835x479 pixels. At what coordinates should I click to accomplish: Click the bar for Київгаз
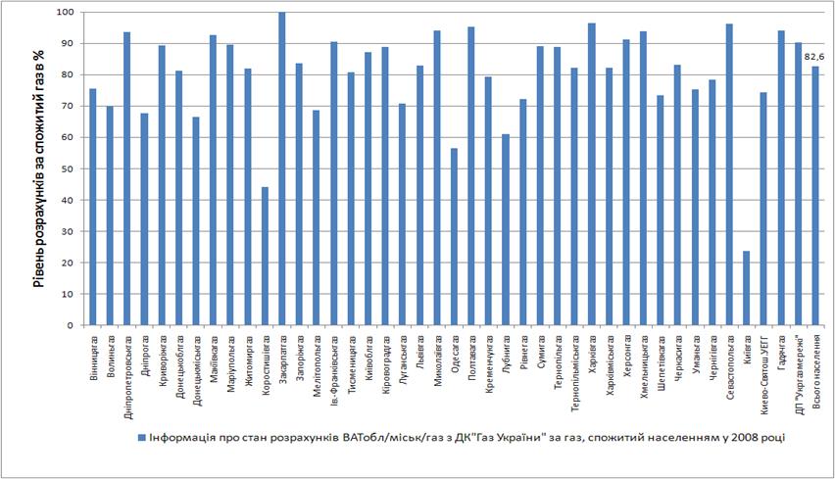point(747,288)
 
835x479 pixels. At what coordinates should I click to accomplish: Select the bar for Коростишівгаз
point(265,256)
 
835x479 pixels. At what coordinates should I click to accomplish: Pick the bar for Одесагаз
point(454,236)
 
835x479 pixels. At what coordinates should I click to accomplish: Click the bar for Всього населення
point(815,196)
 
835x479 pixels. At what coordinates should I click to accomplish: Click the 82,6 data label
point(813,56)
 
